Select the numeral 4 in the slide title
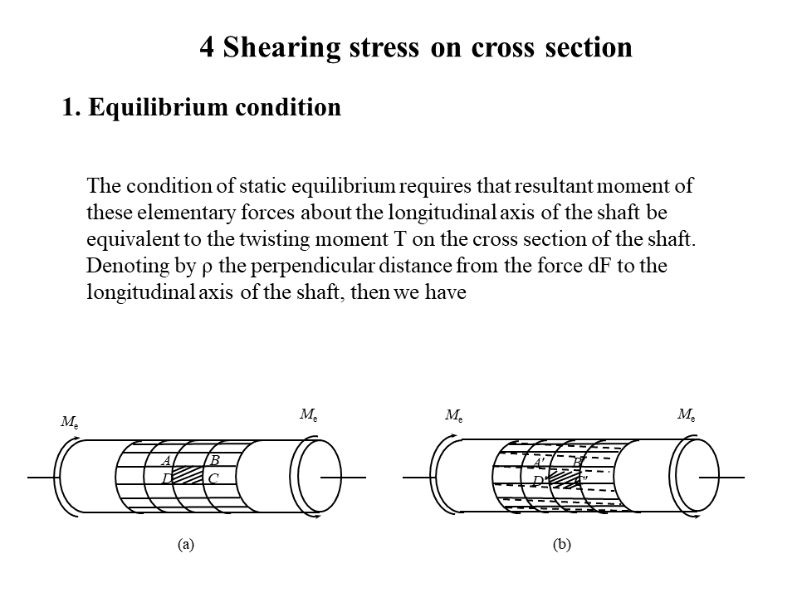[207, 47]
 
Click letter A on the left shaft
[166, 461]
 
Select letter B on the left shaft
[214, 460]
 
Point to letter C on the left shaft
[213, 478]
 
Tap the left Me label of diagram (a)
[70, 422]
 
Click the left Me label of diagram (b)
[454, 414]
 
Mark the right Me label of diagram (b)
[687, 413]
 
